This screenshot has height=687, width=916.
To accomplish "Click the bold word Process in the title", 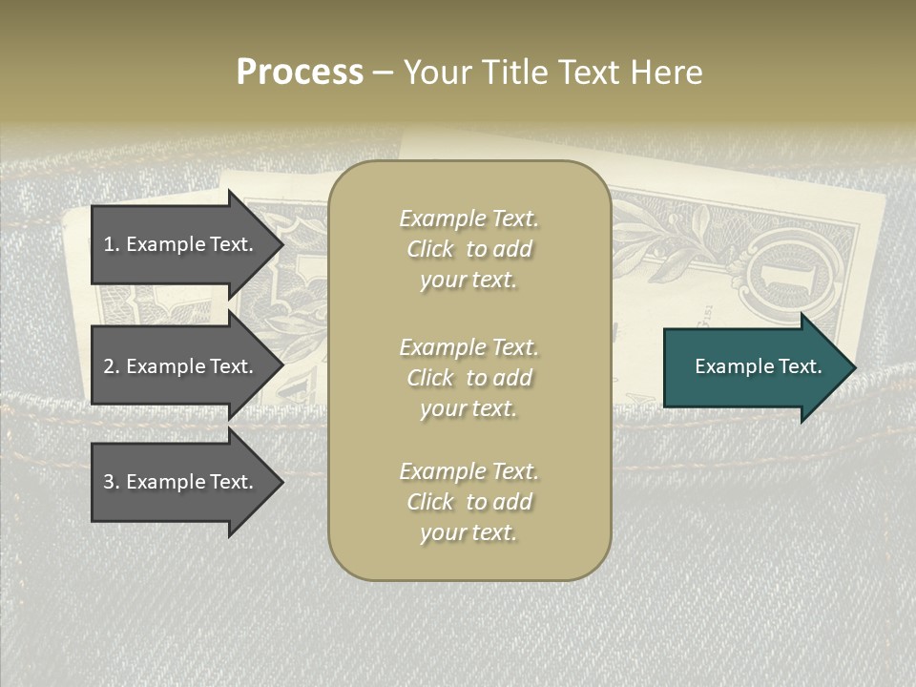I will (x=300, y=73).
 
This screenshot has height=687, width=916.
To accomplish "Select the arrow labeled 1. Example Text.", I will (x=181, y=244).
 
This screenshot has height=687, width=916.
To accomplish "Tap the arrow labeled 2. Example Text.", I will (x=181, y=366).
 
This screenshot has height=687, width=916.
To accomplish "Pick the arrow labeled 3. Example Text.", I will (x=181, y=482).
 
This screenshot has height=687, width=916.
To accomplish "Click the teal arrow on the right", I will (x=754, y=367).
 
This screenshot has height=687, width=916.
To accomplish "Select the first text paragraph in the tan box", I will (x=468, y=249).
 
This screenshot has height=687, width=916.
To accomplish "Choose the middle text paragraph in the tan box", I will (x=468, y=378).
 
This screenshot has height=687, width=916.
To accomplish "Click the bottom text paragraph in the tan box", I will (x=468, y=502).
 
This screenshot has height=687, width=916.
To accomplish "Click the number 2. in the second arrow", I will (x=112, y=366).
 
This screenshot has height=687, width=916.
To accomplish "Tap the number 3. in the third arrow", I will (x=112, y=482).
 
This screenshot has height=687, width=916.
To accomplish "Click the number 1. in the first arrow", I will (x=112, y=244).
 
